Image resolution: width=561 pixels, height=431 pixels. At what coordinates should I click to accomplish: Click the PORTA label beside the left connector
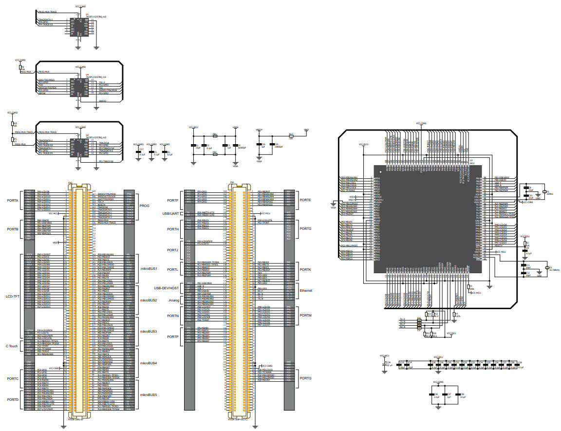click(x=13, y=200)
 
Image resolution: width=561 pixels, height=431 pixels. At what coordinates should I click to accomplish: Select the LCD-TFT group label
click(x=12, y=296)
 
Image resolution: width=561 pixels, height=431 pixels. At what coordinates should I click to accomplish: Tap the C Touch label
click(x=13, y=346)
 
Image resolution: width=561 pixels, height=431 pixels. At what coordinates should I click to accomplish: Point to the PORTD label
click(x=13, y=399)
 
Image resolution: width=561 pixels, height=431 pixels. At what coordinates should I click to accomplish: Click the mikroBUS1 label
click(x=149, y=268)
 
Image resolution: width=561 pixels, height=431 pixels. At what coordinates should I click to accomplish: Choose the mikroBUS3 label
click(x=149, y=331)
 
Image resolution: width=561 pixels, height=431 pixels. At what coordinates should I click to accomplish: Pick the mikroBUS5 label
click(x=149, y=394)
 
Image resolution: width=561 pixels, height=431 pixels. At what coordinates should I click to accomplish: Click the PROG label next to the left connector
click(x=145, y=206)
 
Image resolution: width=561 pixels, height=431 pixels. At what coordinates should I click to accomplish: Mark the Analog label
click(x=174, y=300)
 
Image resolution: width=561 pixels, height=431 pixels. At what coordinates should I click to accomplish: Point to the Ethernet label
click(x=306, y=290)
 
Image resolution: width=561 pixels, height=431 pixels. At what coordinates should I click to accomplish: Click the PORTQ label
click(x=306, y=378)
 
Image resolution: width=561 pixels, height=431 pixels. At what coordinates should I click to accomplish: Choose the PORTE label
click(x=305, y=200)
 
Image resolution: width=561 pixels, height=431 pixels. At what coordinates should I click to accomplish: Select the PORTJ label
click(x=172, y=250)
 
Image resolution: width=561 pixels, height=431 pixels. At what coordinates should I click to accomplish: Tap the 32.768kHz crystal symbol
click(x=548, y=268)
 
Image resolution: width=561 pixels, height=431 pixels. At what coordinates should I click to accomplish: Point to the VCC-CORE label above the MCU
click(x=421, y=124)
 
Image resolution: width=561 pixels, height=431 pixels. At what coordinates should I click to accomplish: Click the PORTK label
click(x=305, y=269)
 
